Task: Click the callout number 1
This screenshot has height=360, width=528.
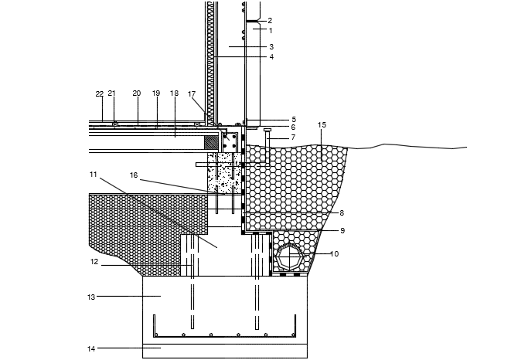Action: (x=270, y=31)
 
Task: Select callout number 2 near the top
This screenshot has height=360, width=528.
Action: (x=270, y=21)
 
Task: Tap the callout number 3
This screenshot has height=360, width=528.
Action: (x=270, y=47)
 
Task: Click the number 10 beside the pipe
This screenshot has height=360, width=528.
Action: (x=334, y=253)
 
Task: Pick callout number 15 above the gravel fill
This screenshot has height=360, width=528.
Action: (x=322, y=124)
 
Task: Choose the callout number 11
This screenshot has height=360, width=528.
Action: (x=93, y=175)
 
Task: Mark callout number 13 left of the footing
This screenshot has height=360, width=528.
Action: (x=90, y=296)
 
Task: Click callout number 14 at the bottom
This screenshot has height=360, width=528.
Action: (x=90, y=348)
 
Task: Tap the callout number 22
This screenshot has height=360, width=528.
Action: (x=99, y=93)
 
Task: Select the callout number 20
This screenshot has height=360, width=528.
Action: (x=136, y=93)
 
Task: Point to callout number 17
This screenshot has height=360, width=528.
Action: (x=192, y=94)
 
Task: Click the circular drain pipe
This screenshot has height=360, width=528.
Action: (x=291, y=256)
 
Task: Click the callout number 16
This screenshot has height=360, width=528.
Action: (x=133, y=175)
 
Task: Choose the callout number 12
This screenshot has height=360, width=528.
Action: (x=94, y=262)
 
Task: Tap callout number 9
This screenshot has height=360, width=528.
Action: (x=342, y=230)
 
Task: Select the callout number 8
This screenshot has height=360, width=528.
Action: (x=341, y=212)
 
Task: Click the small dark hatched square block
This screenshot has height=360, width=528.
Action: (x=211, y=142)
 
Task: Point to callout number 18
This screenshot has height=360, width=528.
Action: (x=174, y=93)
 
